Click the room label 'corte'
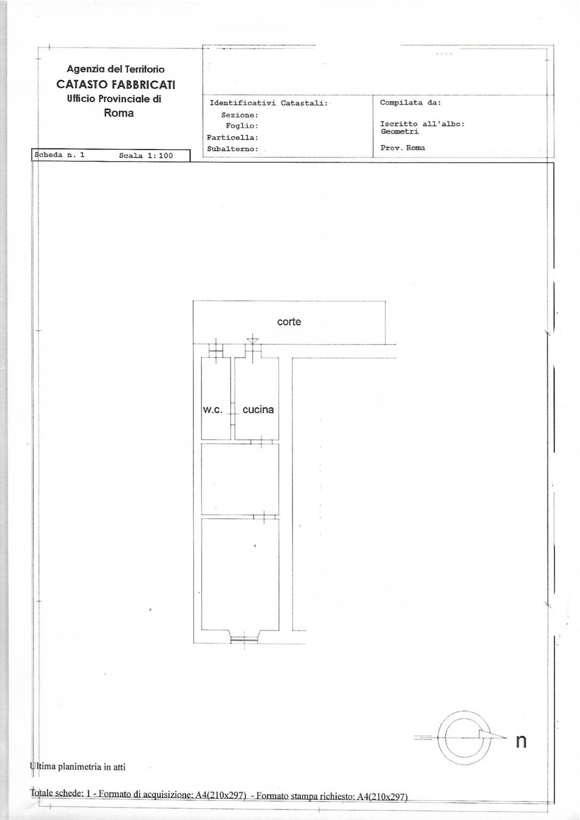click(x=289, y=322)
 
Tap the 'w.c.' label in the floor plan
click(x=212, y=409)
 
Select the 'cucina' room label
click(x=258, y=409)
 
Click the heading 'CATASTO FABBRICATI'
click(x=116, y=84)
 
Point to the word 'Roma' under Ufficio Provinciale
click(x=119, y=113)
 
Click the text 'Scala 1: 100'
click(x=146, y=155)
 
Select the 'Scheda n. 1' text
click(x=59, y=155)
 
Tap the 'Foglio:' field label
click(x=242, y=126)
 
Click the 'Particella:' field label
click(x=233, y=138)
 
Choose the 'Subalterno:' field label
click(x=233, y=149)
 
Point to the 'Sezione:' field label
click(x=240, y=115)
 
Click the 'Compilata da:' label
click(x=410, y=102)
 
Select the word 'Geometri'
click(x=400, y=131)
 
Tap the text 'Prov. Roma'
click(x=403, y=148)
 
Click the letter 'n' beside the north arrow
click(x=521, y=742)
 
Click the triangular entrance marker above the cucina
click(x=252, y=341)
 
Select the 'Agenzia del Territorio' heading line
click(x=116, y=69)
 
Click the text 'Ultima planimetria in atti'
click(x=77, y=767)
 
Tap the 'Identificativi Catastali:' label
click(x=268, y=103)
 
